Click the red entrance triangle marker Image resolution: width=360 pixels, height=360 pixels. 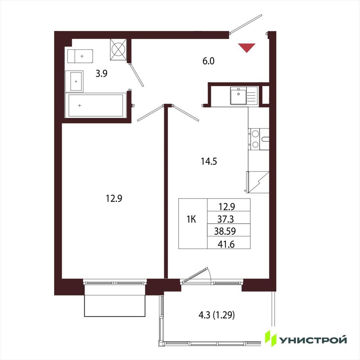tap(246, 47)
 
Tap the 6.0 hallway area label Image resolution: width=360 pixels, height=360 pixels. tap(208, 61)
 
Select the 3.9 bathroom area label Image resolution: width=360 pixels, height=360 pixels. tap(102, 73)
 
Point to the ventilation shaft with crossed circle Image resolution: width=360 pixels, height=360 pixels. tap(118, 49)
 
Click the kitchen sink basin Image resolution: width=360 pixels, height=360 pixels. tap(238, 97)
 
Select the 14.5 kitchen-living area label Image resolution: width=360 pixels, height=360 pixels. tap(209, 161)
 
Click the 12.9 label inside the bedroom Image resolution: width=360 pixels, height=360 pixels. tap(114, 198)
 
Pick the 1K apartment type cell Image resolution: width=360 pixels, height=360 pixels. tap(191, 219)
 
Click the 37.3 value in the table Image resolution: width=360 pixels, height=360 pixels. tap(225, 219)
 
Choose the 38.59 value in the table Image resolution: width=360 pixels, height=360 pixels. tap(225, 231)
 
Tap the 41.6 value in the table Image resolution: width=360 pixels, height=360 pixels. tap(226, 244)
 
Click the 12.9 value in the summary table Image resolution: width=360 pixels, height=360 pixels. tap(227, 207)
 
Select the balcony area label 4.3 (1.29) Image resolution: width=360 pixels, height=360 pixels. tap(217, 315)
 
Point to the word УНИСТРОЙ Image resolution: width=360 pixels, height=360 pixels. tap(313, 340)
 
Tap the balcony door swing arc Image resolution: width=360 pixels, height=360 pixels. tap(209, 274)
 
